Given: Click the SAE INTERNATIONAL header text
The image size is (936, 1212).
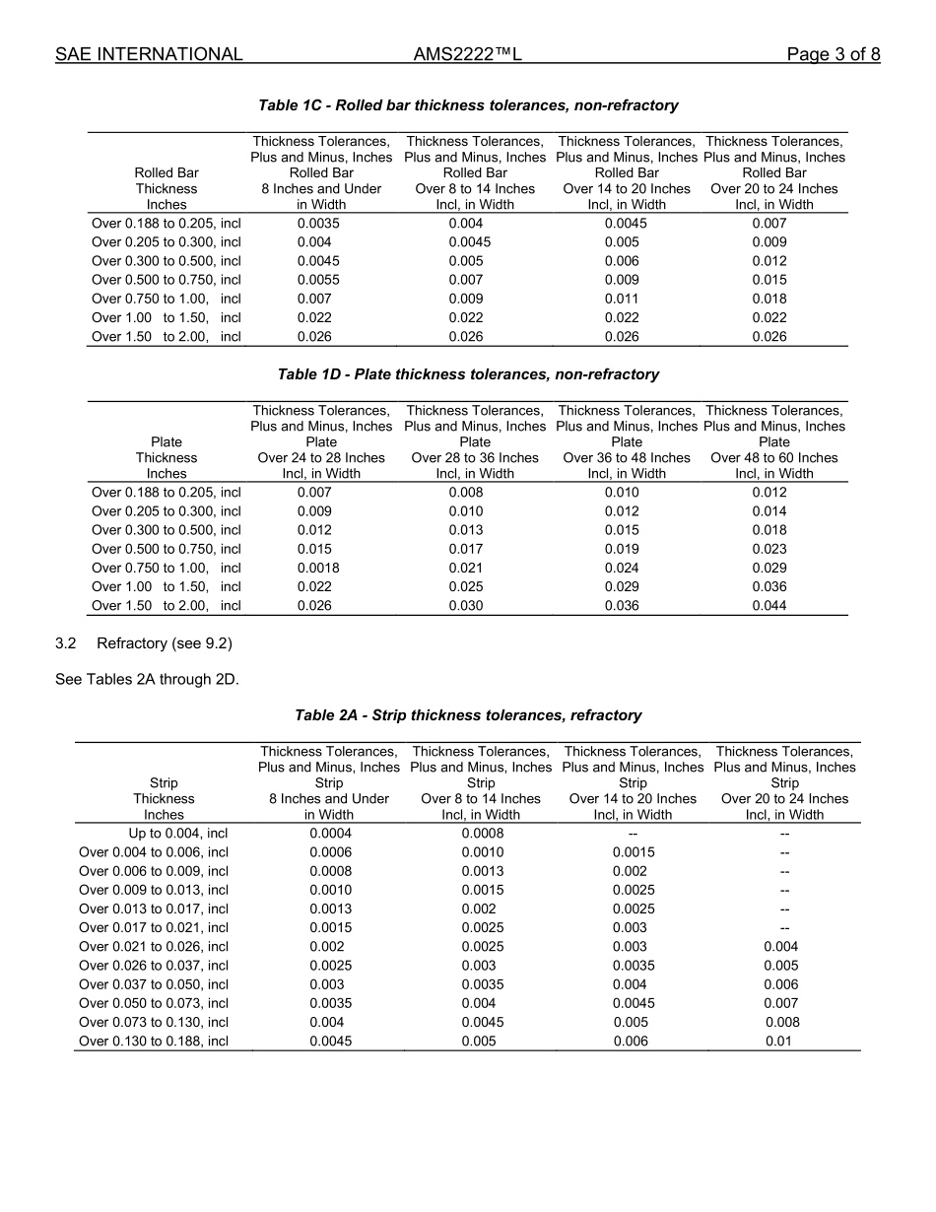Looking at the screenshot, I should pyautogui.click(x=149, y=54).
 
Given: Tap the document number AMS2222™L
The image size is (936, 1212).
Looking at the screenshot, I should pyautogui.click(x=467, y=54).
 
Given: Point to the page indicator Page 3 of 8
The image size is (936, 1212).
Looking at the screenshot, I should pyautogui.click(x=833, y=54).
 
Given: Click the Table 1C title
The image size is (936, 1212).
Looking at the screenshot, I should pyautogui.click(x=468, y=105).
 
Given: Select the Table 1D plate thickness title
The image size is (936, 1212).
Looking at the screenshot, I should pyautogui.click(x=468, y=374).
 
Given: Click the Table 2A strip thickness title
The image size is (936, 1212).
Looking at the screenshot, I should pyautogui.click(x=468, y=715).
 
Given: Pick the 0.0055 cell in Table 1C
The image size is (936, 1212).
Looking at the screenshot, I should pyautogui.click(x=318, y=280).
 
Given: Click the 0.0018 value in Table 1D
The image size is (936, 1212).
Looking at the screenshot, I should pyautogui.click(x=318, y=568).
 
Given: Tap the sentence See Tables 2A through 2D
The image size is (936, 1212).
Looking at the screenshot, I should pyautogui.click(x=147, y=679).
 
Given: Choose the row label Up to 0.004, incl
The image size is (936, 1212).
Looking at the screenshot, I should pyautogui.click(x=178, y=834).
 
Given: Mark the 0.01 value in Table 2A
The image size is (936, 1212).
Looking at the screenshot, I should pyautogui.click(x=778, y=1042).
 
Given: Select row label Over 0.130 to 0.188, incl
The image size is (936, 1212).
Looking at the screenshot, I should pyautogui.click(x=154, y=1042).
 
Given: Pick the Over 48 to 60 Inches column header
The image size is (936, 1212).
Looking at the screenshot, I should pyautogui.click(x=774, y=458).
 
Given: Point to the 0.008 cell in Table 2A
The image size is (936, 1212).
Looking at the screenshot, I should pyautogui.click(x=782, y=1023).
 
